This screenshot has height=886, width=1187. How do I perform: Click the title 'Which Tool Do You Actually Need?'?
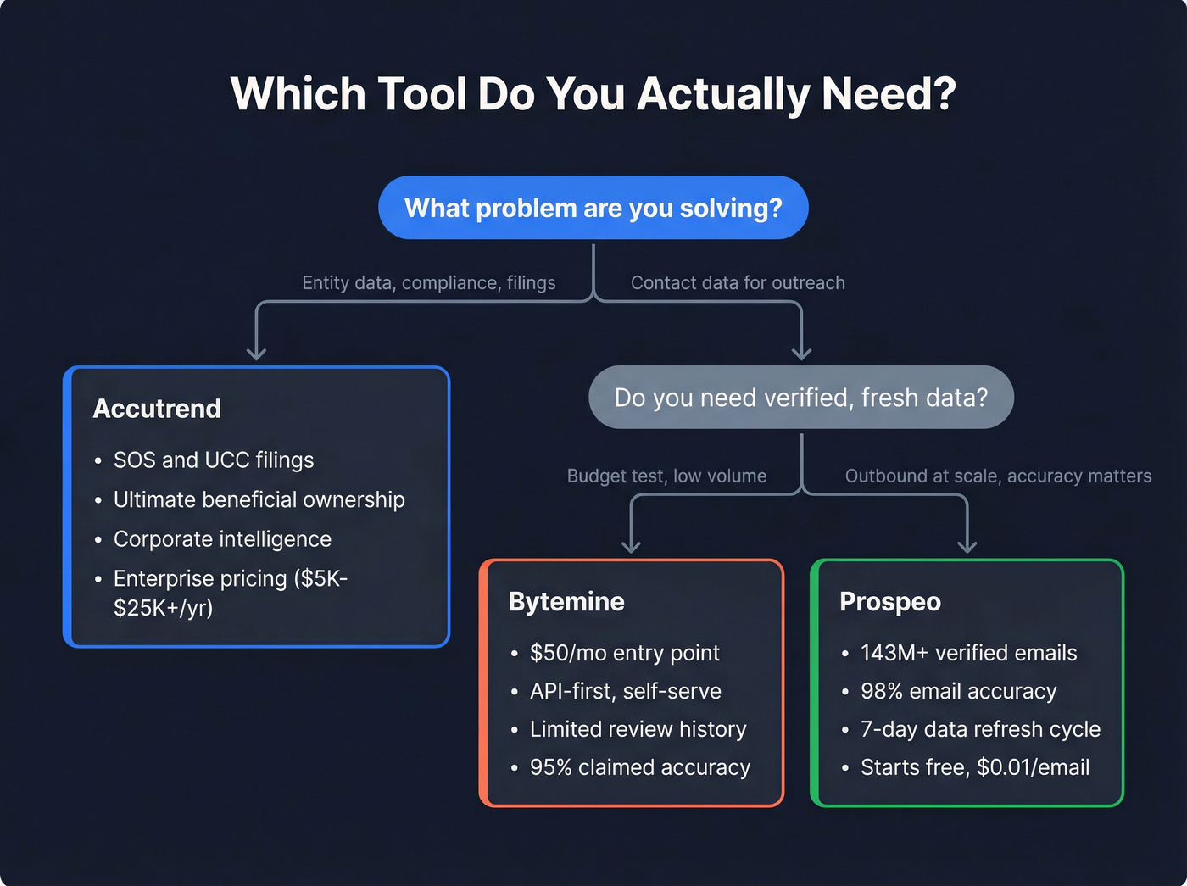(x=593, y=93)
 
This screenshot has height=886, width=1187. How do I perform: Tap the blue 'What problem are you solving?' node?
(x=593, y=208)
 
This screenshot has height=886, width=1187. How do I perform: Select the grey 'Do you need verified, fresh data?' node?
(x=800, y=398)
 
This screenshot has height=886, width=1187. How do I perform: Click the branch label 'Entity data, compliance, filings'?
(x=428, y=283)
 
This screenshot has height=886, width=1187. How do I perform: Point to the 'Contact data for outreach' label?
(x=738, y=283)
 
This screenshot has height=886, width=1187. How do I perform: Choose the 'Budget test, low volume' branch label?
(x=666, y=476)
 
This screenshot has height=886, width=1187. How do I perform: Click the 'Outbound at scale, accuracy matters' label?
(x=998, y=476)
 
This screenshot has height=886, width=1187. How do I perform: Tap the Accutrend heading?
(x=157, y=409)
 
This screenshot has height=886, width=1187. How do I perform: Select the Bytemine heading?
(x=566, y=602)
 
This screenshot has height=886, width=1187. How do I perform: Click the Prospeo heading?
(x=889, y=602)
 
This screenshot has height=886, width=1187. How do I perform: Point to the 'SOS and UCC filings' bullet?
(x=213, y=460)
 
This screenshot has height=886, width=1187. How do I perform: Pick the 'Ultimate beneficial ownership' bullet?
(x=259, y=500)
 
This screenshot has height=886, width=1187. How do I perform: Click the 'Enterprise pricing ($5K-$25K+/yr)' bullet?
(x=230, y=593)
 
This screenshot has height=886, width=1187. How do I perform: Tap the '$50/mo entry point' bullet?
(x=624, y=653)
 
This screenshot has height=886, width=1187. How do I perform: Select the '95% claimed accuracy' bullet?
(x=639, y=767)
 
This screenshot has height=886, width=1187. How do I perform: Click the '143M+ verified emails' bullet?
(x=968, y=653)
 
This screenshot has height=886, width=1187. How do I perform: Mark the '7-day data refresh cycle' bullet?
(x=980, y=729)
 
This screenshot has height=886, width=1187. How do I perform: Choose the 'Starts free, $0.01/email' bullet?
(x=974, y=767)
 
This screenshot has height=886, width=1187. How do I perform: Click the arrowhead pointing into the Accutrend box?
(x=256, y=353)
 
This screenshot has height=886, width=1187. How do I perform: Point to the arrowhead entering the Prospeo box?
(x=967, y=546)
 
